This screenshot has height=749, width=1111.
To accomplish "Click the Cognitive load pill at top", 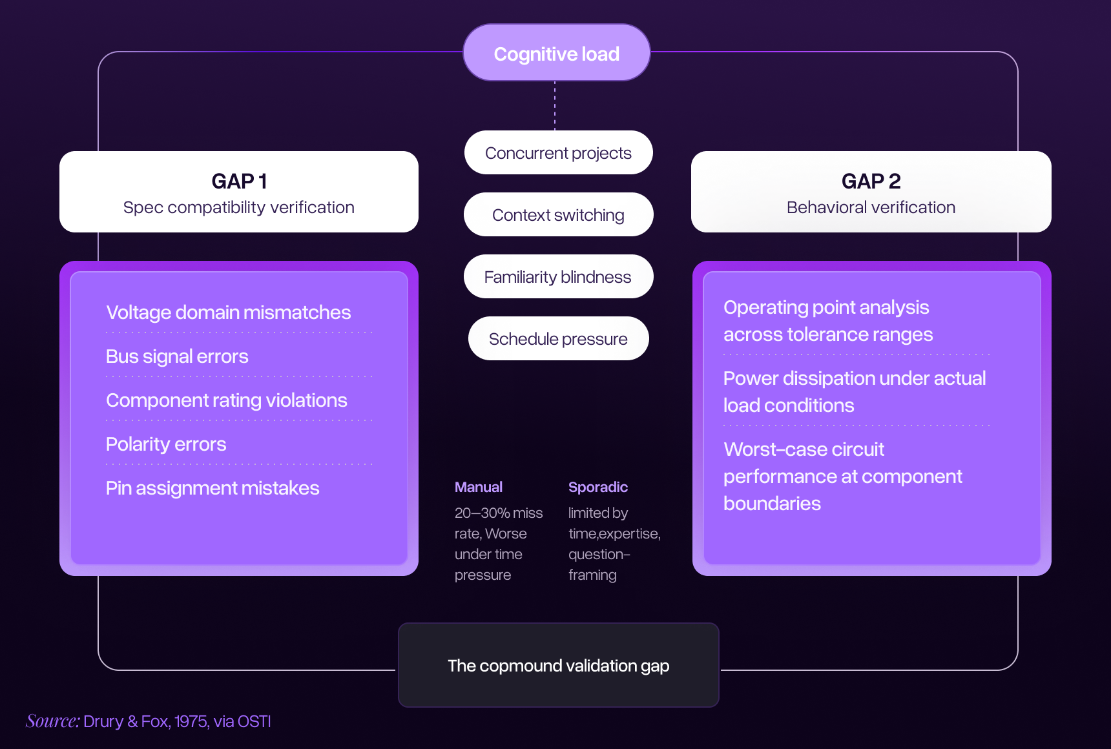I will coord(556,54).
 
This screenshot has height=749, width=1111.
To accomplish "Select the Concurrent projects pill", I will coord(558,153).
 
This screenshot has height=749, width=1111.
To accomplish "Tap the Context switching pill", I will coord(558,215).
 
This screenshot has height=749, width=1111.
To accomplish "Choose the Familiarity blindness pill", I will coord(558,277).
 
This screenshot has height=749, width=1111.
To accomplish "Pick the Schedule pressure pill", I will coord(558,339).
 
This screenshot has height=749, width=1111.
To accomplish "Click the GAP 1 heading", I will coord(239,181).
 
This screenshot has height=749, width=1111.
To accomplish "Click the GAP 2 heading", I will coord(871,181).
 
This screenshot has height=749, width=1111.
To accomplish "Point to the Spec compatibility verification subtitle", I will coord(239,207).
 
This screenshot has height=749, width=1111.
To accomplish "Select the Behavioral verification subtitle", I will coord(871,207).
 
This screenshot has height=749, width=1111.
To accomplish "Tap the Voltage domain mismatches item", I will coord(228,313).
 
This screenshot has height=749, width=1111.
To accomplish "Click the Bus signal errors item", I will coord(177,356).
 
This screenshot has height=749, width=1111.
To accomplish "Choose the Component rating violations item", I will coord(227,400).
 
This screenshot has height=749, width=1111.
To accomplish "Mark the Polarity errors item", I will coord(166,444).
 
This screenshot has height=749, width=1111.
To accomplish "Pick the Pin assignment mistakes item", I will coord(213,488).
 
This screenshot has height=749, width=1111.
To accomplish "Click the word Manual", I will coord(479,487).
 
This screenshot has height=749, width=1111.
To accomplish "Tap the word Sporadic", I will coord(598,487).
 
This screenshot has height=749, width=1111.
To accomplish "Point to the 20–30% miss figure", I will coord(498,513).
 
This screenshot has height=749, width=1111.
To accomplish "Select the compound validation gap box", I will coord(558,665).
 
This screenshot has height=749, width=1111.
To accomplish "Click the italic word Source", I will coord(52,721).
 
